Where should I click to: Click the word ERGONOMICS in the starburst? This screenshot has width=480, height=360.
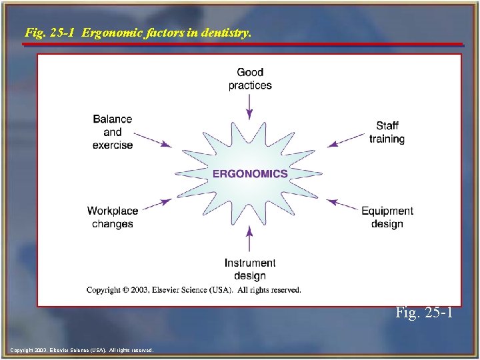point(250,174)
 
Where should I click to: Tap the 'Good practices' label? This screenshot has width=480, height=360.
point(250,79)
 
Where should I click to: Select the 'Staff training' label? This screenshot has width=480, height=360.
point(387,132)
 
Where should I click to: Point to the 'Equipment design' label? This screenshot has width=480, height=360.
point(387,217)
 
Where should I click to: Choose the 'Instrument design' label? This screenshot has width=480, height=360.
point(250,269)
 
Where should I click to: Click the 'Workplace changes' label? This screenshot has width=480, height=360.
point(113,217)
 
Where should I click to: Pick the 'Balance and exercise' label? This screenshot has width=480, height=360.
point(113,132)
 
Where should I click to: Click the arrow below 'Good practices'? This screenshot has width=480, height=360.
point(250,107)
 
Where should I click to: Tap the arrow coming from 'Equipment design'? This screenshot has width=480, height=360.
point(345,205)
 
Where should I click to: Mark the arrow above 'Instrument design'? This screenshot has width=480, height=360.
point(250,239)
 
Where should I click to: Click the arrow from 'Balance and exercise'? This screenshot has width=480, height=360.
point(157,141)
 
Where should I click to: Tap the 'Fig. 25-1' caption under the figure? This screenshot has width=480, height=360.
point(425,312)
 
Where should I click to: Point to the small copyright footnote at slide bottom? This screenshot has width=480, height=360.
point(82,350)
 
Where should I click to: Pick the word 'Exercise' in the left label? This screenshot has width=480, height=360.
point(113,145)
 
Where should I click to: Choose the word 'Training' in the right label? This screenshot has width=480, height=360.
point(387,139)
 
